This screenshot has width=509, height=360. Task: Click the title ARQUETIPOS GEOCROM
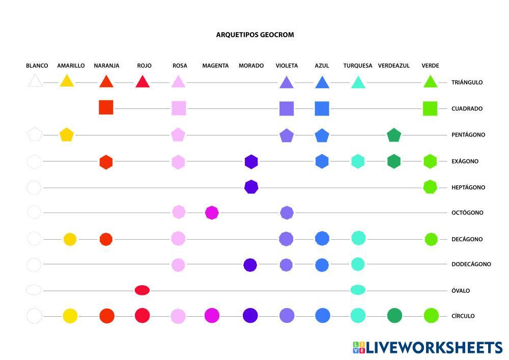(255, 35)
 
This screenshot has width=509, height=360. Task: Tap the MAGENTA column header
(215, 66)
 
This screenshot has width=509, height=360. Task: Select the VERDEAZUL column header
(393, 66)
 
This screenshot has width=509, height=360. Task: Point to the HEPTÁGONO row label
(468, 187)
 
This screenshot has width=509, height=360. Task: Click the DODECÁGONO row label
(471, 264)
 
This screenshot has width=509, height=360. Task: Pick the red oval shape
(142, 290)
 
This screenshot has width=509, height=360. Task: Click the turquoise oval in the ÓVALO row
(358, 290)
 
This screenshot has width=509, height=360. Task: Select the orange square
(106, 107)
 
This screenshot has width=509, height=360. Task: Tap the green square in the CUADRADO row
(430, 108)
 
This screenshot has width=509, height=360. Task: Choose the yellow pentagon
(67, 135)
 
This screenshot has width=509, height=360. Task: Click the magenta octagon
(212, 212)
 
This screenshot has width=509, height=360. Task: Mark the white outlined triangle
(35, 81)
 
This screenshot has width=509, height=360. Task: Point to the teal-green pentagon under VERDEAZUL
(394, 135)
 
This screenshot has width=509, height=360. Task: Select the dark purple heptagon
(251, 187)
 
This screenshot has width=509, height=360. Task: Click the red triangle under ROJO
(143, 81)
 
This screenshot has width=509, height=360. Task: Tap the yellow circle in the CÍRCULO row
(70, 316)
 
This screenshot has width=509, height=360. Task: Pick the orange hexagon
(106, 162)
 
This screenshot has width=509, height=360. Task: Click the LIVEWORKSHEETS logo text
(434, 348)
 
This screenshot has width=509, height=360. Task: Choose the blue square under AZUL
(322, 108)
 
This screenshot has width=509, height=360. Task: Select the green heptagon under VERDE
(430, 187)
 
